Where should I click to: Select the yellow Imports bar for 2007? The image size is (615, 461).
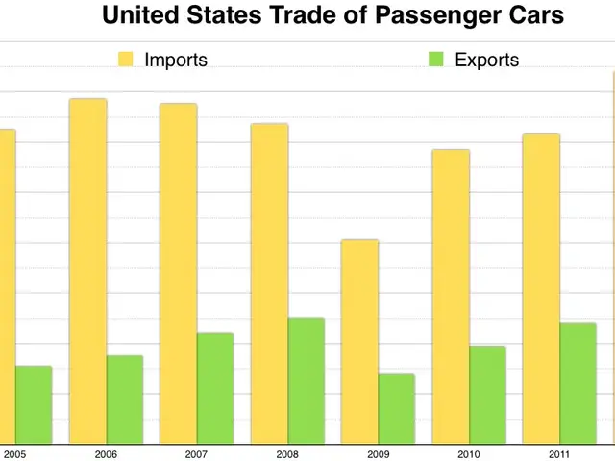point(179,274)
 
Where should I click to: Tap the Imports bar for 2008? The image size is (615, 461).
point(269,283)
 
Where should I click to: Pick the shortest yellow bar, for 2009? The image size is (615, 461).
point(360,342)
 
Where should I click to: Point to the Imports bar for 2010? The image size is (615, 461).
point(451,297)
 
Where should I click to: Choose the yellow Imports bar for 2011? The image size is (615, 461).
point(541,289)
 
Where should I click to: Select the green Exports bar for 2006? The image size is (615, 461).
point(125,400)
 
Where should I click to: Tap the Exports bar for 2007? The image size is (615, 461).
point(215,389)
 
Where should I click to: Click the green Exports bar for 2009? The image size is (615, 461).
point(397,409)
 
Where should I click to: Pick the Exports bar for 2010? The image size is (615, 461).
point(487,395)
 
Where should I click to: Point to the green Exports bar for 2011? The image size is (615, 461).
point(578,383)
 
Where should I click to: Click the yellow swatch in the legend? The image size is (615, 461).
point(126,60)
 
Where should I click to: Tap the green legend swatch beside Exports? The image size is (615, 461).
point(436,60)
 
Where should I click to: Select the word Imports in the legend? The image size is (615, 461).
point(176,60)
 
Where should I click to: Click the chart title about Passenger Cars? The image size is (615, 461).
point(332,16)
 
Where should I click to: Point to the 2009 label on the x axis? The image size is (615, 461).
point(379,453)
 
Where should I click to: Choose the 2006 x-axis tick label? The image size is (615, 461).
point(106,453)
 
